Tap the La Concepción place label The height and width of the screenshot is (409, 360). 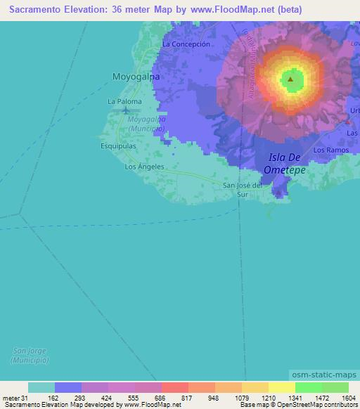[x=186, y=44]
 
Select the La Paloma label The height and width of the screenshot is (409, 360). [x=124, y=102]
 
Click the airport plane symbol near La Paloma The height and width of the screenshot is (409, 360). [x=126, y=110]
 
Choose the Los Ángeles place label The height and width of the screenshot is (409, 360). [x=144, y=167]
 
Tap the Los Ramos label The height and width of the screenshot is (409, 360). [x=331, y=150]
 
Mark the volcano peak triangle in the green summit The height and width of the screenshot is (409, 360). [x=290, y=79]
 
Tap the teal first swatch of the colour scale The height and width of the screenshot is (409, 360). [x=41, y=387]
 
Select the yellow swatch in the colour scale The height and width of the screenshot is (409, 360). [x=282, y=387]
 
